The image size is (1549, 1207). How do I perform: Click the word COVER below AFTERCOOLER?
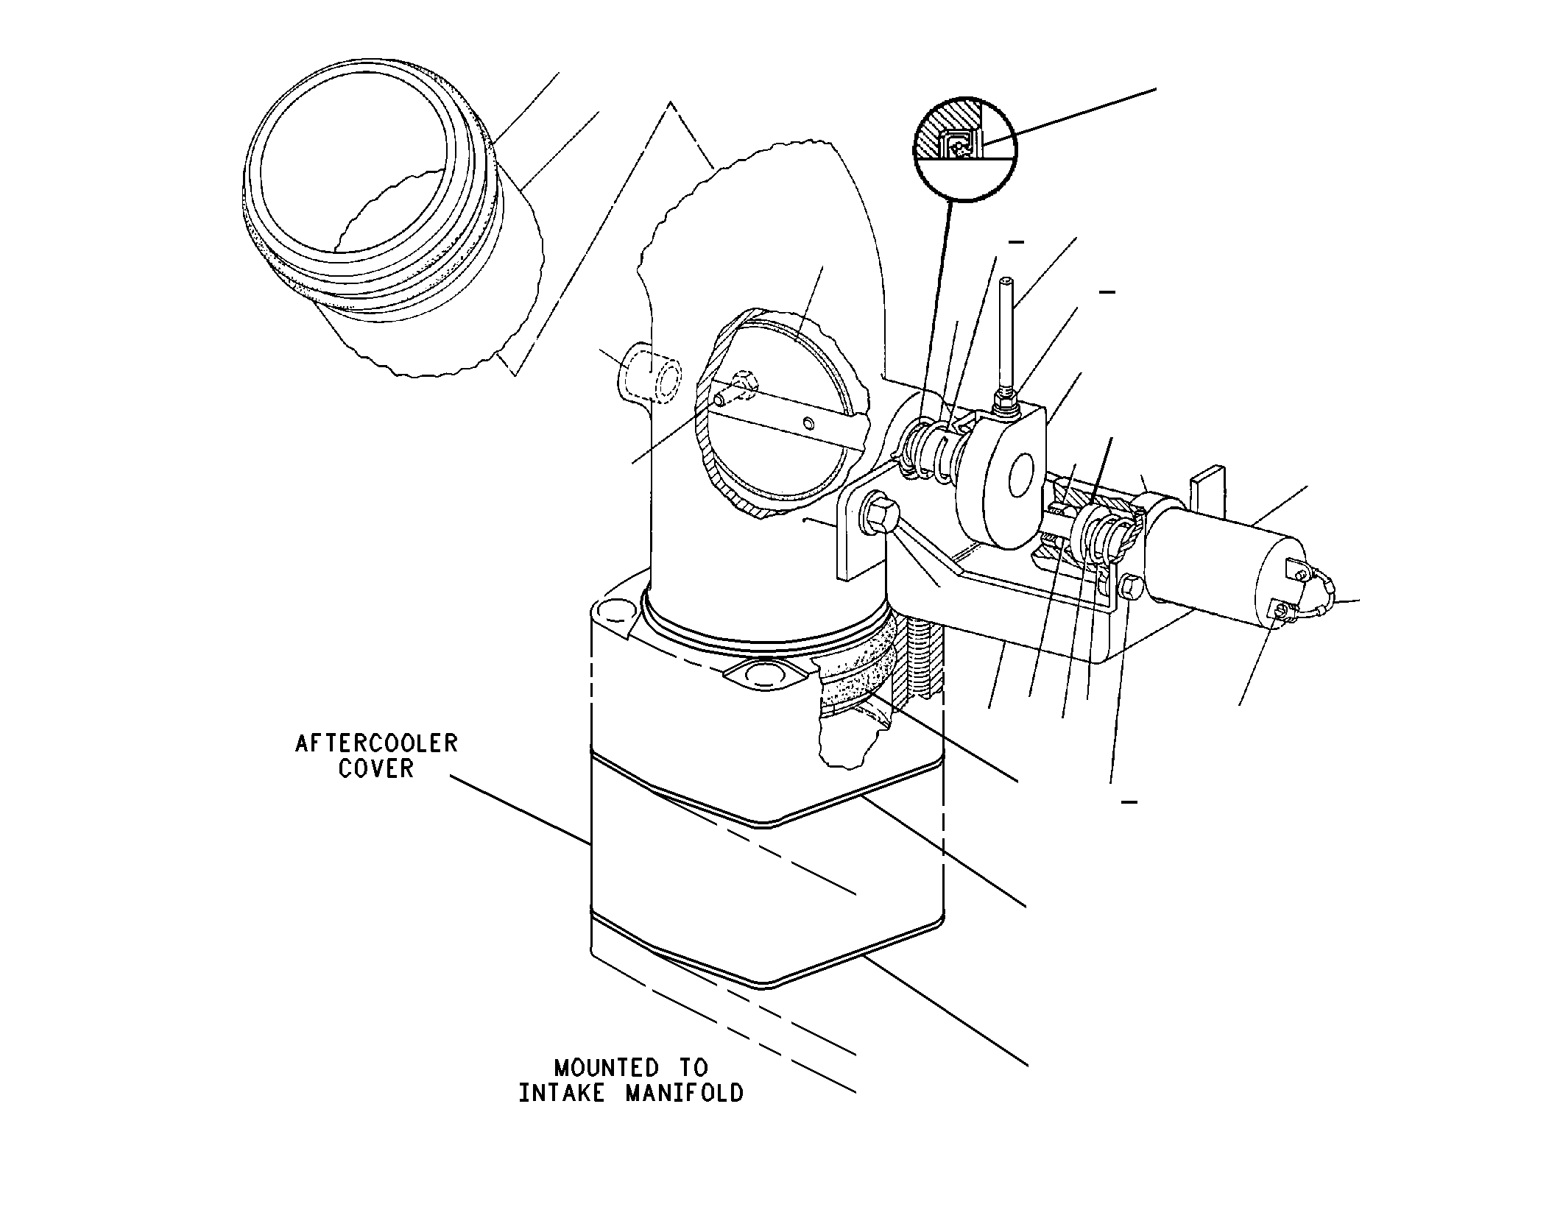coord(376,768)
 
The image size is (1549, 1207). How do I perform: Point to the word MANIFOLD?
coord(685,1093)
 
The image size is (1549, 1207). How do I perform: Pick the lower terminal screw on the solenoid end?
coord(1283,609)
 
